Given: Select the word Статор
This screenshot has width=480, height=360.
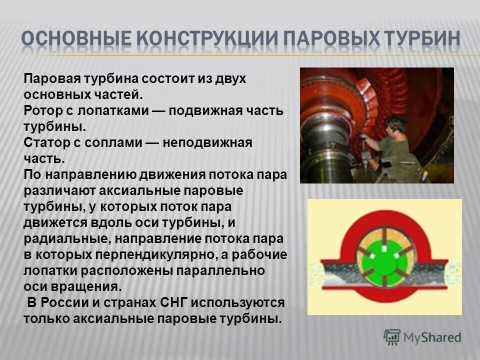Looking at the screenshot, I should tap(43, 143).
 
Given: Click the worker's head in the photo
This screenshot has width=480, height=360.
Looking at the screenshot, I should tap(398, 125).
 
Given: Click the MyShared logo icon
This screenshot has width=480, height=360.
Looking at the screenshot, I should tap(392, 337).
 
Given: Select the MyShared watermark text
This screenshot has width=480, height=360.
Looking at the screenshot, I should tap(432, 338).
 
